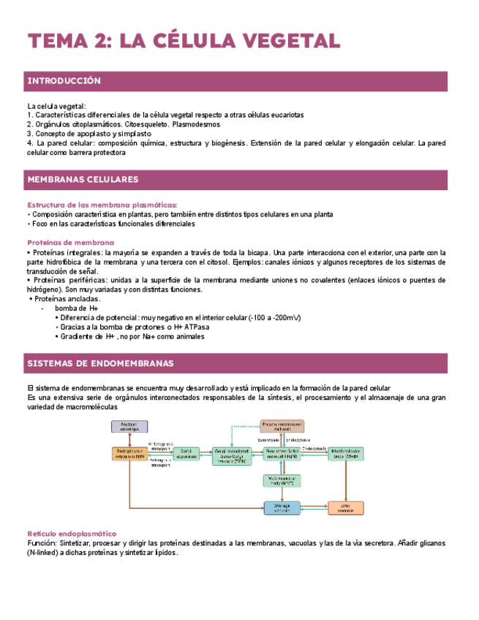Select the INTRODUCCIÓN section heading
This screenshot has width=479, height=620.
(64, 80)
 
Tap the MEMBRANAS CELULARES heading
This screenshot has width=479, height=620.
(83, 179)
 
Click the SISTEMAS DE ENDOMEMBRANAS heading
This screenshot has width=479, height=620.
(100, 363)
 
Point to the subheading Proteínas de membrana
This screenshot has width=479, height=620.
(70, 242)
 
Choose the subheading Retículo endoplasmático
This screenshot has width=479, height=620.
(72, 534)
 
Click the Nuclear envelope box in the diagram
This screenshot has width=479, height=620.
(129, 426)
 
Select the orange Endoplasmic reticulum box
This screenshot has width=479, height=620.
(130, 453)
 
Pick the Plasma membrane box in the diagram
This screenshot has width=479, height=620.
(282, 426)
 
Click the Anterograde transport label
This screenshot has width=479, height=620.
(160, 445)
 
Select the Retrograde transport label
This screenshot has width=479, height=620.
(160, 463)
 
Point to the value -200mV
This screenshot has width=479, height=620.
(284, 317)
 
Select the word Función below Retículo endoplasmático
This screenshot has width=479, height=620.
(41, 543)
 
